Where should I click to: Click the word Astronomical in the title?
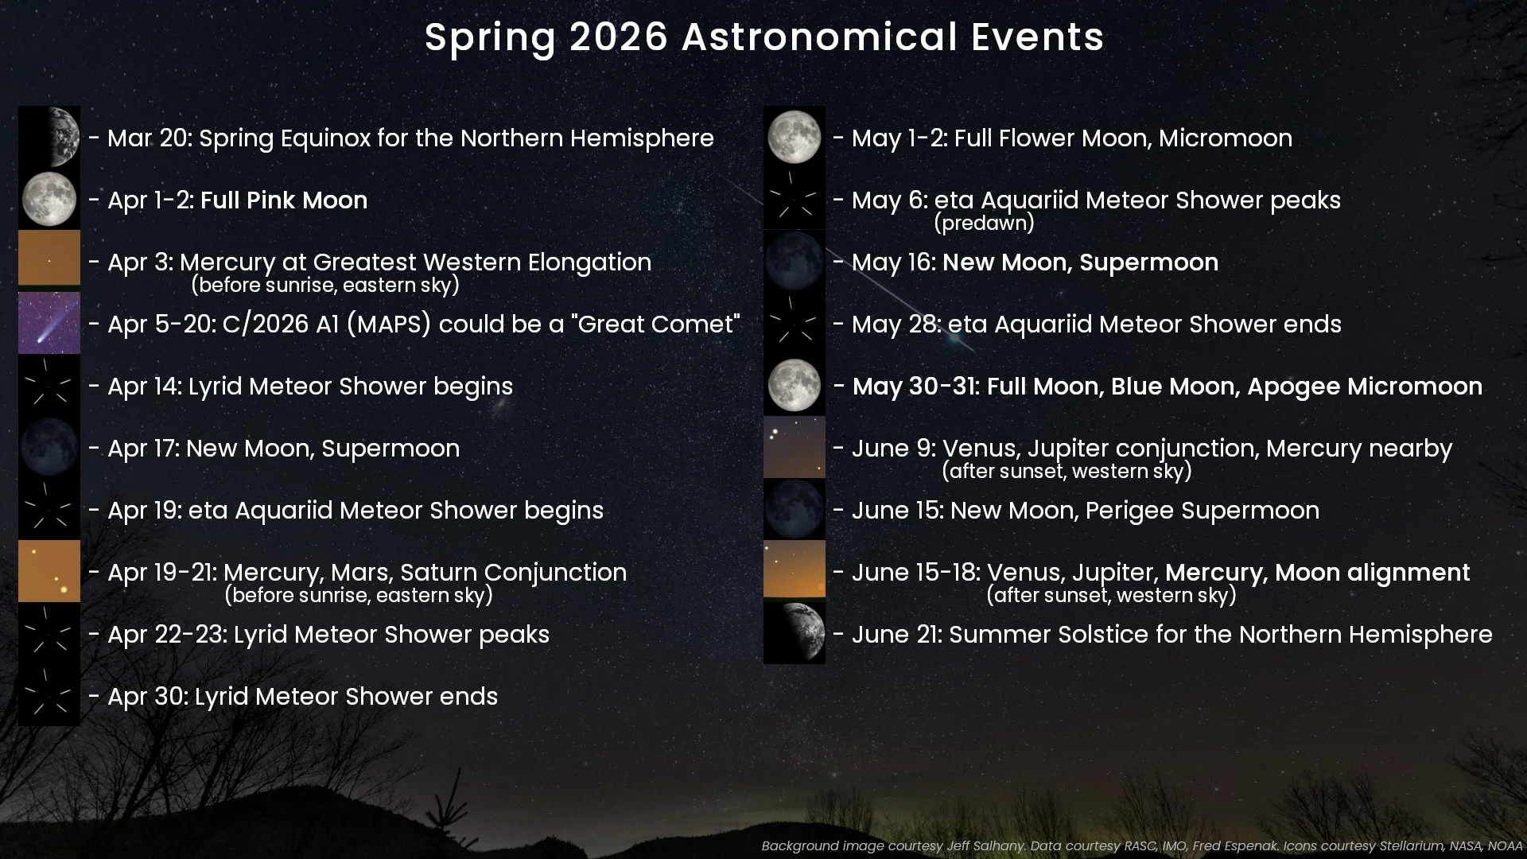819,37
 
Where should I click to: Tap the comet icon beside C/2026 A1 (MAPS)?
49,323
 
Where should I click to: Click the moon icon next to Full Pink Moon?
49,200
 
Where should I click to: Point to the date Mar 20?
149,138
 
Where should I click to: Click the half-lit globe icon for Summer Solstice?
795,633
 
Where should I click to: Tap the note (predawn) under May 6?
984,223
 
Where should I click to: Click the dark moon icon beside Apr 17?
49,447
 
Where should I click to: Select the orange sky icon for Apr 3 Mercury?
49,258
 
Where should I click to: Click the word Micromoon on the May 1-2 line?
1225,138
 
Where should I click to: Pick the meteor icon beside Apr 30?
49,695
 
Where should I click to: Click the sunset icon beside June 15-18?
795,569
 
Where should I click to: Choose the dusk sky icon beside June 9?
795,447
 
